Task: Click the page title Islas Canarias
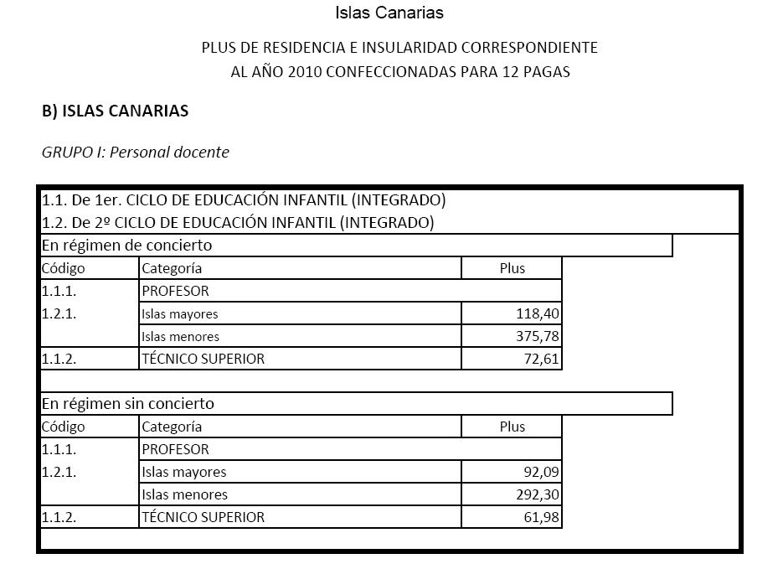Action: tap(389, 13)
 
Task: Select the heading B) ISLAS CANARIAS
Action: tap(116, 111)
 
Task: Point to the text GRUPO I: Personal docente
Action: tap(135, 153)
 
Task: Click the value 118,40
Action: tap(537, 314)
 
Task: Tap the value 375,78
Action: tap(537, 337)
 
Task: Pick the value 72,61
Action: tap(541, 359)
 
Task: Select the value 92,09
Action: tap(541, 472)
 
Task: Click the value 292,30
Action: tap(537, 494)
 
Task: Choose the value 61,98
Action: tap(541, 517)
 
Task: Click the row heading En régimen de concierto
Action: tap(126, 246)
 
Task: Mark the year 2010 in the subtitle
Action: tap(304, 72)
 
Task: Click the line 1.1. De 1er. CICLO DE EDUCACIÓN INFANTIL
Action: tap(244, 200)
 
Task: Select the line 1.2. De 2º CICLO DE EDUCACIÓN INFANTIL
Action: tap(238, 223)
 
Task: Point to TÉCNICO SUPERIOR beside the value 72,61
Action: tap(203, 359)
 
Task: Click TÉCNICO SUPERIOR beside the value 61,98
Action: tap(203, 517)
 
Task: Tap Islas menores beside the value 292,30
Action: tap(184, 494)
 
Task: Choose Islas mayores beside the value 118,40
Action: tap(179, 314)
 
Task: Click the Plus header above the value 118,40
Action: tap(512, 268)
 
